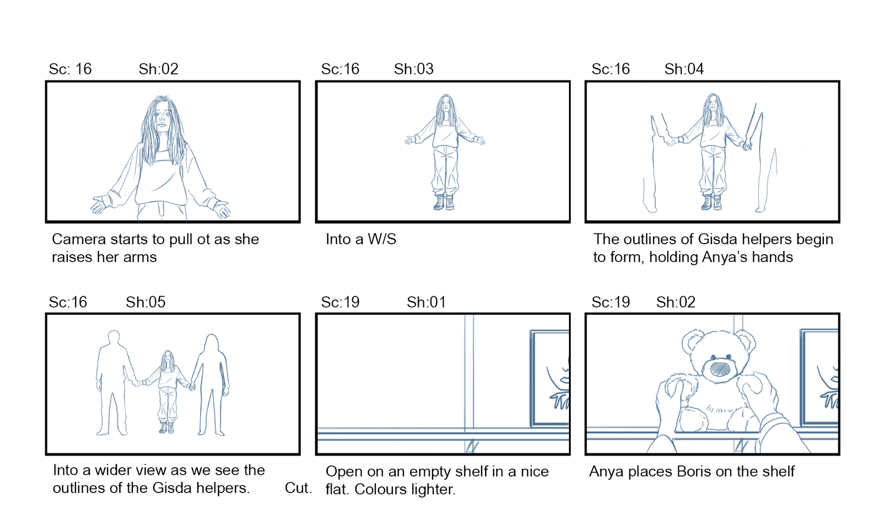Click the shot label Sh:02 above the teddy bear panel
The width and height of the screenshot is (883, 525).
(x=675, y=302)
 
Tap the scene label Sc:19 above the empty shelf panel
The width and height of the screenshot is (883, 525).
(x=340, y=302)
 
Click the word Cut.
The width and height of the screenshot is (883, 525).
(x=299, y=488)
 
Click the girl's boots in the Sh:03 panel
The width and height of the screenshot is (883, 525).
(x=444, y=202)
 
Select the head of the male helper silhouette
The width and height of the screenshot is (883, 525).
(x=114, y=338)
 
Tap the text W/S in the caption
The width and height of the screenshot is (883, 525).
(x=382, y=239)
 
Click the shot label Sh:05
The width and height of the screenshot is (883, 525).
(x=146, y=302)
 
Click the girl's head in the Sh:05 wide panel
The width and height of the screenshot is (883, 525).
(x=168, y=358)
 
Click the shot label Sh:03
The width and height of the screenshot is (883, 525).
(x=413, y=69)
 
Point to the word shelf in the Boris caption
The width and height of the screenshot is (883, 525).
(x=776, y=471)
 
